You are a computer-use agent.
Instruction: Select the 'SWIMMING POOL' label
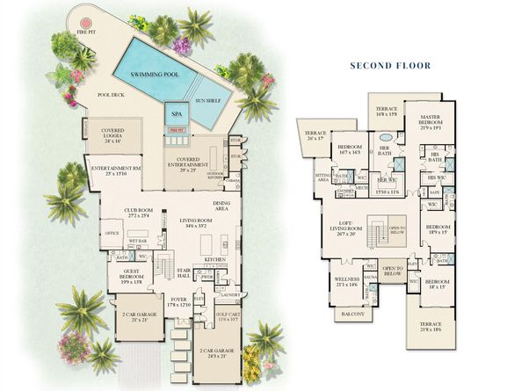point(155,76)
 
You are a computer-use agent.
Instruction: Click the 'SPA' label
point(176,114)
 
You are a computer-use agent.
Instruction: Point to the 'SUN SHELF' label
point(208,100)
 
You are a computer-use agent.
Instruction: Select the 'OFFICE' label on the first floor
point(112,234)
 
